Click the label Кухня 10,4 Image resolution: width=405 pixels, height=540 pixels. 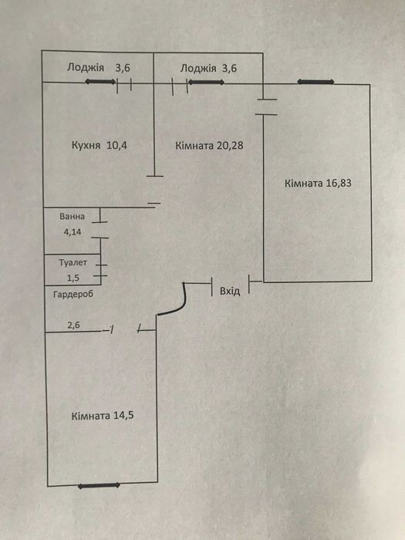(x=100, y=145)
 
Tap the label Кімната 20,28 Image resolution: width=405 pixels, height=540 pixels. (x=209, y=145)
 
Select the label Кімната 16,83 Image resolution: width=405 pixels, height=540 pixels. (x=318, y=183)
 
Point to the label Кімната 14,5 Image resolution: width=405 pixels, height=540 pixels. (x=103, y=416)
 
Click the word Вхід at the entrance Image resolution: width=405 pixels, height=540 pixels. (x=230, y=292)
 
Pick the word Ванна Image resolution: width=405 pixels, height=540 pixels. (x=72, y=217)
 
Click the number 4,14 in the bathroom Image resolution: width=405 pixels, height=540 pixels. (x=73, y=232)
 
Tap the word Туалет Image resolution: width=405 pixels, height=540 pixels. (x=73, y=262)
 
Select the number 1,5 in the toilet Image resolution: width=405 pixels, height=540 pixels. (x=73, y=278)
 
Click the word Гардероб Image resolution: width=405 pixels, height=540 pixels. (x=73, y=295)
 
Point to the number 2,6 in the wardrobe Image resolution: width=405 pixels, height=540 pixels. (x=74, y=325)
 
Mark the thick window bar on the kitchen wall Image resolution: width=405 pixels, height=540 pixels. (x=100, y=82)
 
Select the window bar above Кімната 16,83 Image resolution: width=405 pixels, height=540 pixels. (x=316, y=82)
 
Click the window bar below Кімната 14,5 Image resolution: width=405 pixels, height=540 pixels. (x=99, y=485)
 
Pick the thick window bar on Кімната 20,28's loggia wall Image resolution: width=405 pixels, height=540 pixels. (x=206, y=83)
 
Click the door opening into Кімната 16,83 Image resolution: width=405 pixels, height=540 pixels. (x=267, y=106)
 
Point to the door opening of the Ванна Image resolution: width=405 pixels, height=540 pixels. (x=100, y=230)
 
